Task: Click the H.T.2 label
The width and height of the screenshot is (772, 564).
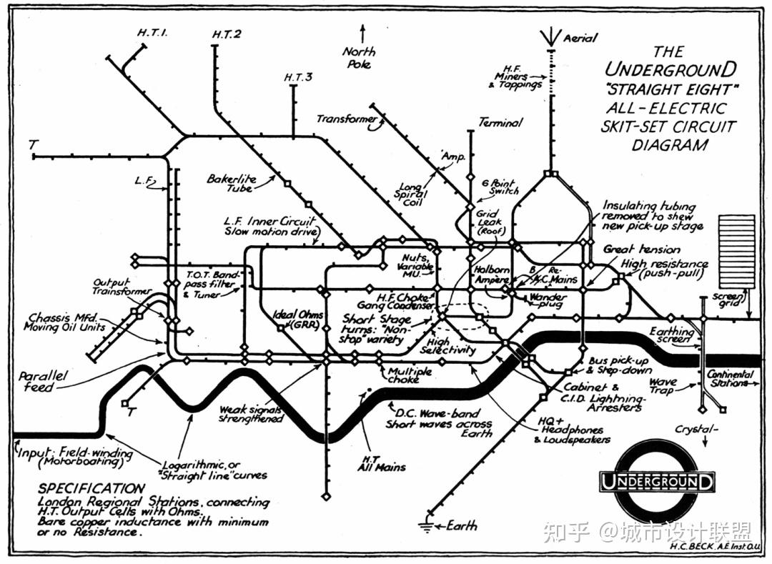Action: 228,34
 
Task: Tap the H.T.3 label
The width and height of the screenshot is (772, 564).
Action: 298,76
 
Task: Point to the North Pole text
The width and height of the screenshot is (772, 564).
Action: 358,57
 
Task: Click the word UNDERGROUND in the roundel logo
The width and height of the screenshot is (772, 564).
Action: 658,481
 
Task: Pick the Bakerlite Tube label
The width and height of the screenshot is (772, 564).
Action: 232,184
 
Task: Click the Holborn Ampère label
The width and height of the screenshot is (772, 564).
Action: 491,274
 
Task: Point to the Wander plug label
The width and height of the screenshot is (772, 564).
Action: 548,300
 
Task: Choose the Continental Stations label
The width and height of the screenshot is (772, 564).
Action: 729,378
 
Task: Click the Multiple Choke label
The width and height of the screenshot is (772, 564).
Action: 410,375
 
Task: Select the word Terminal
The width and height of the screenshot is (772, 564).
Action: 500,123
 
